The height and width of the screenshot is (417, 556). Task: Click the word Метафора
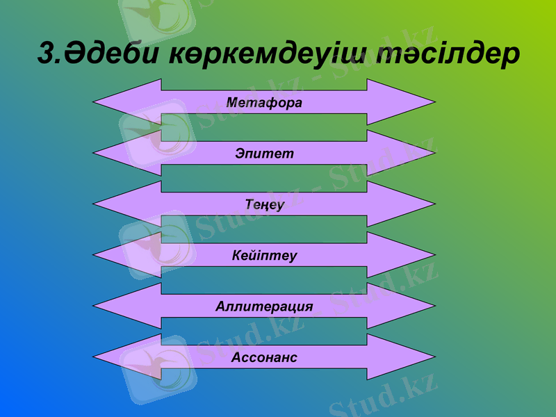pyautogui.click(x=264, y=103)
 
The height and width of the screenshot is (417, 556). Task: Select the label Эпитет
pyautogui.click(x=264, y=154)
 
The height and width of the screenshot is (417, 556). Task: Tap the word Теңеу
pyautogui.click(x=264, y=204)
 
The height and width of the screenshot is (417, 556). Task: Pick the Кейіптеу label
pyautogui.click(x=264, y=256)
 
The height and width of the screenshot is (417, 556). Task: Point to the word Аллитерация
pyautogui.click(x=264, y=306)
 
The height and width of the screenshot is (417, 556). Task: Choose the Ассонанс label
pyautogui.click(x=264, y=357)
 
